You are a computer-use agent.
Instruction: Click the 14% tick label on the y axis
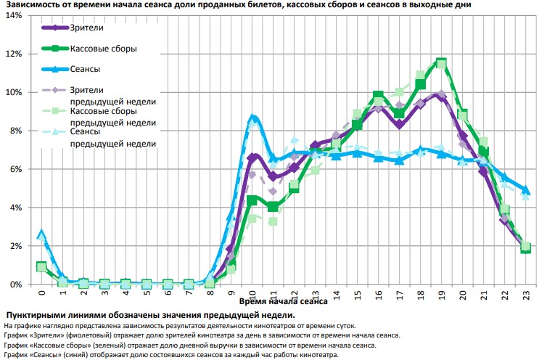coord(15,15)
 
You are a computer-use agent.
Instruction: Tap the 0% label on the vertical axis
coord(17,285)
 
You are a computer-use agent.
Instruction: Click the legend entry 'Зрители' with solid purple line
coord(86,28)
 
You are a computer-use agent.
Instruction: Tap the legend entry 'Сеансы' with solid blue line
coord(86,69)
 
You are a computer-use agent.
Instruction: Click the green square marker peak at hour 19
coord(441,63)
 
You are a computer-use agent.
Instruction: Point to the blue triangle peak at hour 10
coord(252,118)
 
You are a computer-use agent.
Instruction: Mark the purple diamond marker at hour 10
coord(252,157)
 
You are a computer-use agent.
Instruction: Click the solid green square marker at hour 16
coord(378,96)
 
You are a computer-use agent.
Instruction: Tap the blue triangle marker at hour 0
coord(41,234)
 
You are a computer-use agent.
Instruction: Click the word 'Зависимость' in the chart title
coord(33,4)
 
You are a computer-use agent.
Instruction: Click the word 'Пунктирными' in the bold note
coord(38,315)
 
